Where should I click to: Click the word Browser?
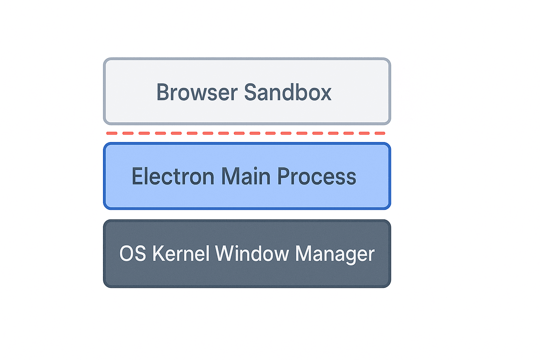pos(197,92)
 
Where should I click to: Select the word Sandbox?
pos(288,92)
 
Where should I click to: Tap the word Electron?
pos(173,176)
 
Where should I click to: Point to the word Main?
pos(245,176)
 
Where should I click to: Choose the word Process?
pos(316,176)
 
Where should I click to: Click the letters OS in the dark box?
pos(133,253)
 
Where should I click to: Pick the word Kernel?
pos(181,253)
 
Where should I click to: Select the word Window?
pos(252,253)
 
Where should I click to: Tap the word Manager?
pos(335,253)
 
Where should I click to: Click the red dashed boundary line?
pos(246,133)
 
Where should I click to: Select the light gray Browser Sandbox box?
pos(247,70)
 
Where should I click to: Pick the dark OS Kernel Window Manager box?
pos(247,276)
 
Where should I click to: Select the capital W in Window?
pos(225,253)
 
